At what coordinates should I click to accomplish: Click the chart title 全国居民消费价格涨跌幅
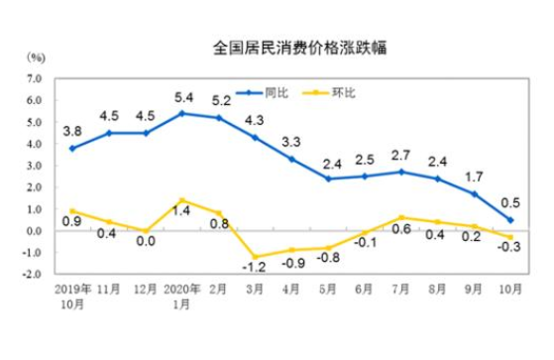coord(276,48)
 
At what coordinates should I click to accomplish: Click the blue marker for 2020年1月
coord(182,113)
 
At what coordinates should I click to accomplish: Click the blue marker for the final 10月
coord(510,220)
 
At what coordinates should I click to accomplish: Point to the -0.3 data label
coord(512,248)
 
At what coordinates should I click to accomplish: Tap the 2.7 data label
coord(402,155)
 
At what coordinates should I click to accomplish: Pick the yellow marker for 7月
coord(400,217)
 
